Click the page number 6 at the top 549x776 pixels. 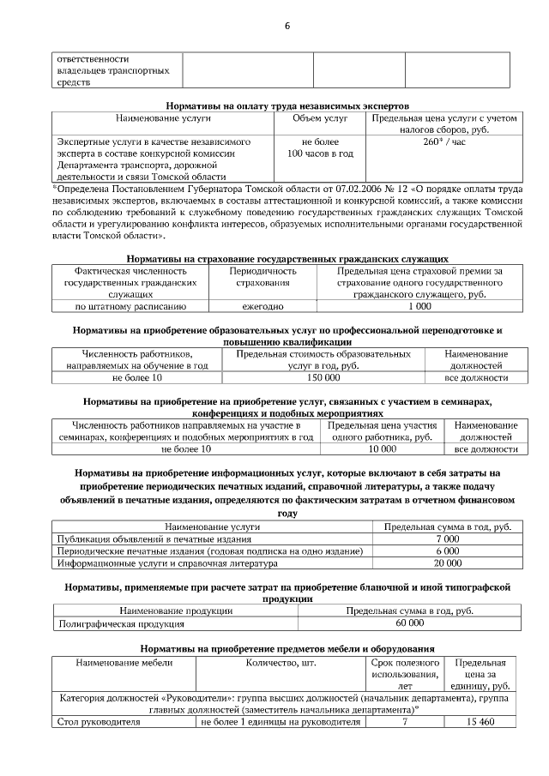(x=287, y=26)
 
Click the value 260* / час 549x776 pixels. (x=444, y=141)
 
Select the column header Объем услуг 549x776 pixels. (x=320, y=117)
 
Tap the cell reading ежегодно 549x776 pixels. (x=262, y=305)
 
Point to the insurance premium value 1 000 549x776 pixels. (x=419, y=305)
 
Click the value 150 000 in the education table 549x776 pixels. (x=323, y=376)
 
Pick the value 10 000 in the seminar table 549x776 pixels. (x=382, y=448)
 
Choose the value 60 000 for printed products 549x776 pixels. (x=409, y=625)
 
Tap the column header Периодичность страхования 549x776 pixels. (x=262, y=276)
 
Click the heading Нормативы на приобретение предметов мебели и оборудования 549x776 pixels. (x=287, y=649)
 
